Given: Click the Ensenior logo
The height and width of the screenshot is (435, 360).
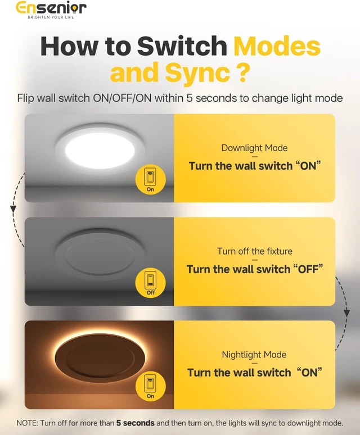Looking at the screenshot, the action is (x=51, y=8).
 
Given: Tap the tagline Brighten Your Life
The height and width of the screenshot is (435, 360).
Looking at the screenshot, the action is (x=51, y=17).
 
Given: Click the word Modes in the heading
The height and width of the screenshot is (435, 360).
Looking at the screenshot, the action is (x=277, y=46).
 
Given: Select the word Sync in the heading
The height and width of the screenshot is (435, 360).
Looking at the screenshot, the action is (x=197, y=72).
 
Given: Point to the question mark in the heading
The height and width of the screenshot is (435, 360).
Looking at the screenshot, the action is (x=242, y=71).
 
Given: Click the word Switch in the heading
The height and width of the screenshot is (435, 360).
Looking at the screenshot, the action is (x=182, y=46).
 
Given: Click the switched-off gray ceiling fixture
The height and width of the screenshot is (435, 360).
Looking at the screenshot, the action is (x=100, y=253).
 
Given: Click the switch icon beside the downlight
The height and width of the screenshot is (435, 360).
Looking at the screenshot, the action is (x=150, y=179).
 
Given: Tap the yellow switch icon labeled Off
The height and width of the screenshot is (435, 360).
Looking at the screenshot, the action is (x=150, y=283).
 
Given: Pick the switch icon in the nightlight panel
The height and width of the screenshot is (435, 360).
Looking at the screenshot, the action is (x=150, y=387).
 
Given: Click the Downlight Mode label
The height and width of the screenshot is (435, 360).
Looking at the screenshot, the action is (x=254, y=148).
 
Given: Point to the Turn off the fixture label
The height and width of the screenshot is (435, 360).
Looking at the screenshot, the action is (x=254, y=251).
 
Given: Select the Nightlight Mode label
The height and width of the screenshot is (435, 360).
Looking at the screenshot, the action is (x=254, y=355).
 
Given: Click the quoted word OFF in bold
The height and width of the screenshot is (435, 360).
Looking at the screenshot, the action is (x=308, y=269).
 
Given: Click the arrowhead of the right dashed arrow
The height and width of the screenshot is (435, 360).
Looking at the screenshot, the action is (x=346, y=313).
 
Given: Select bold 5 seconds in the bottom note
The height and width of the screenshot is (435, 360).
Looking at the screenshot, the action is (x=135, y=423).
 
